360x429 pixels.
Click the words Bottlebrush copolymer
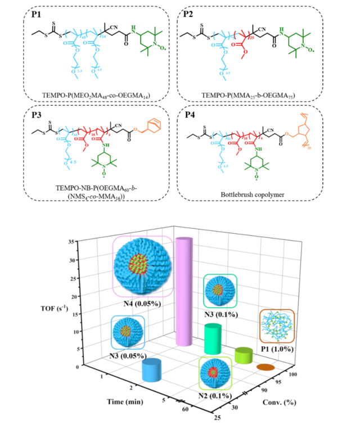pos(250,198)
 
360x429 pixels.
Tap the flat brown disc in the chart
pos(265,368)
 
